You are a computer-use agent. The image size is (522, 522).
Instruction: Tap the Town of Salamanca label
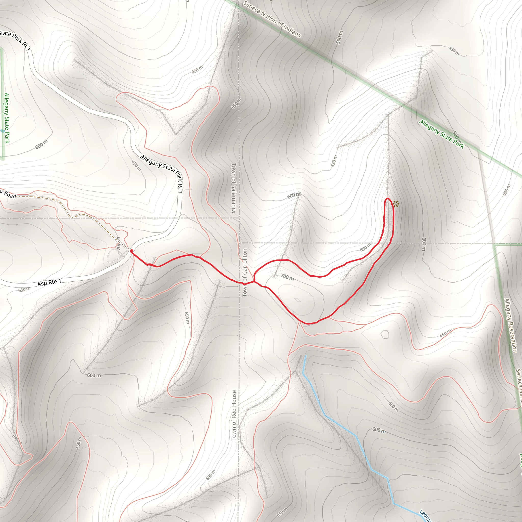tap(234, 188)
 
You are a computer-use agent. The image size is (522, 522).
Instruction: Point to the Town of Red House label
tap(234, 415)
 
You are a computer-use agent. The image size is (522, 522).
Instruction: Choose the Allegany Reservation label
tap(510, 325)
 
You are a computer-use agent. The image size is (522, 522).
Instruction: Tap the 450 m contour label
tap(454, 51)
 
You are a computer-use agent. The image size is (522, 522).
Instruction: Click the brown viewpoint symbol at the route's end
tap(396, 204)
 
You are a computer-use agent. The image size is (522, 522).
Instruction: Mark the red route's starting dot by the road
tap(131, 251)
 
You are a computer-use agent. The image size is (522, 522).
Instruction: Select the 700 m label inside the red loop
tap(287, 277)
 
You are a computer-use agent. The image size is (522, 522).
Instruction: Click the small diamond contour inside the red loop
tap(297, 300)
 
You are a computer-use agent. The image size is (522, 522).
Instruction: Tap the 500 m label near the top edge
tap(339, 37)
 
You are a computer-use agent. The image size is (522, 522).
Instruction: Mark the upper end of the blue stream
tap(305, 356)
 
